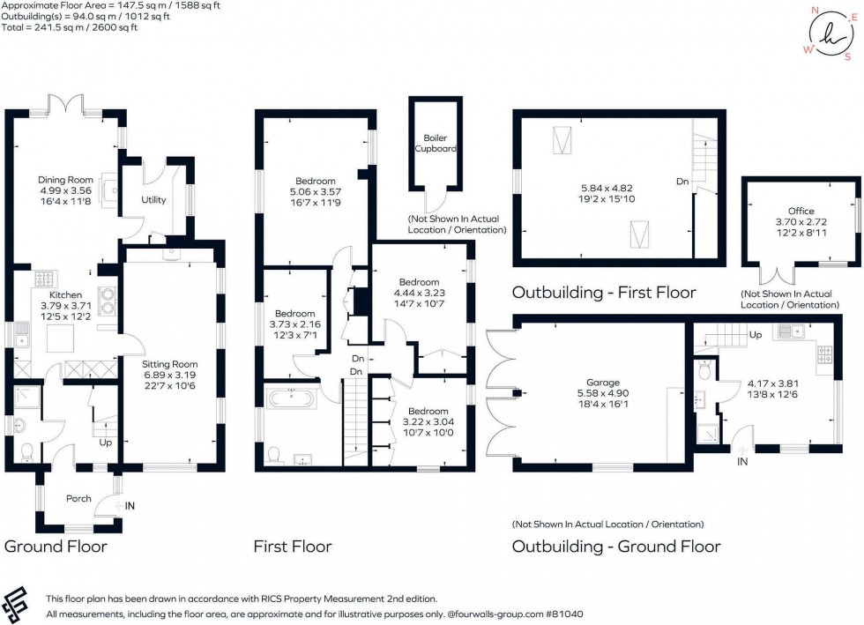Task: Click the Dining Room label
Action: coord(65,179)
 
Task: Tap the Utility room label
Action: coord(153,200)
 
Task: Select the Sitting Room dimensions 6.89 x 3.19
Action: coord(173,376)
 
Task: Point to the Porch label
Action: coord(78,499)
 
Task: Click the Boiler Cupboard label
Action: coord(436,143)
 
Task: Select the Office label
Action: coord(801,211)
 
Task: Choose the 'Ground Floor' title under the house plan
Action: coord(56,547)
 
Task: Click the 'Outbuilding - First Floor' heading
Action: coord(604,292)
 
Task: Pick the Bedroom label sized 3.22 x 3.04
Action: coord(428,411)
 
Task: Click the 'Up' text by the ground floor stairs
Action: coord(107,443)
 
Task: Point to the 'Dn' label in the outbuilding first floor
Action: coord(682,182)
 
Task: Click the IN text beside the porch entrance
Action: coord(131,505)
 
